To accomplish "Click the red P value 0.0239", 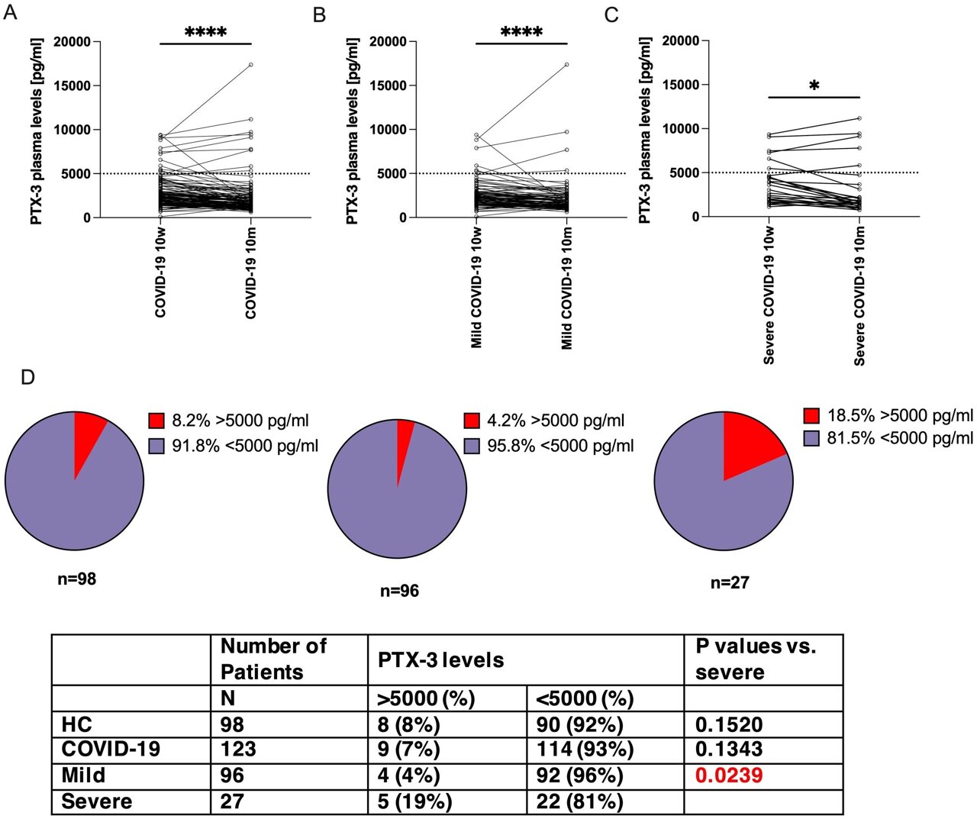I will (729, 775).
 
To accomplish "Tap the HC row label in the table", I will (77, 724).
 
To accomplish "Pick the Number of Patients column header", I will (272, 659).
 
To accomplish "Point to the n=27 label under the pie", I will (730, 583).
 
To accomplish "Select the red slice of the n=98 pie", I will (88, 432).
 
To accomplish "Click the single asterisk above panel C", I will (814, 86).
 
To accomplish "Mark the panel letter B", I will (320, 15).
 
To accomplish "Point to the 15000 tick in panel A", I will (71, 85).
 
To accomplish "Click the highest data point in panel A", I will (250, 65).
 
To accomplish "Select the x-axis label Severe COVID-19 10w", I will (769, 295).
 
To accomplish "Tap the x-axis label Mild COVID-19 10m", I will (566, 288).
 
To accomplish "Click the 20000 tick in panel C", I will (680, 40).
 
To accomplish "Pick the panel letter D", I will (28, 378).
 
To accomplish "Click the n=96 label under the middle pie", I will (399, 591).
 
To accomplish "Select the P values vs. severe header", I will (756, 659).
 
